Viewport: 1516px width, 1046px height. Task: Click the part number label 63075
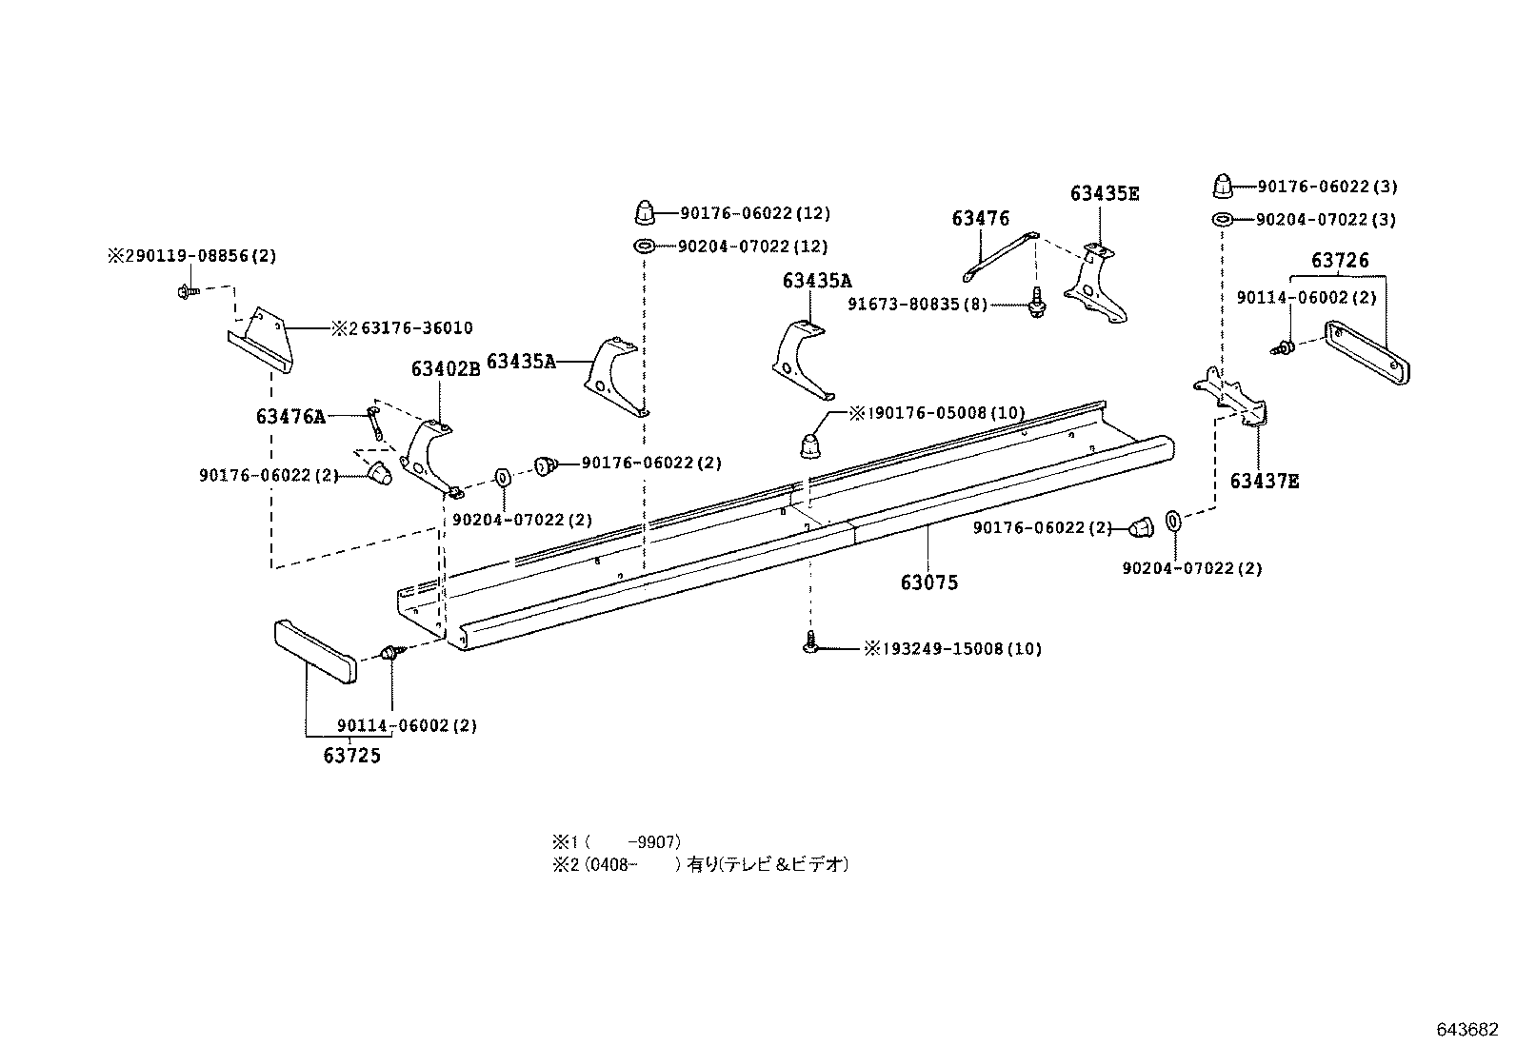[x=928, y=582]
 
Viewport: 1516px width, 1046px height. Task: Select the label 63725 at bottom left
[x=351, y=757]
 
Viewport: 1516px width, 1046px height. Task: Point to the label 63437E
[x=1264, y=482]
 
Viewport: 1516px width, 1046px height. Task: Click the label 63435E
[x=1104, y=194]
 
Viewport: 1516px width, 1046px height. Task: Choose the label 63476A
[x=290, y=416]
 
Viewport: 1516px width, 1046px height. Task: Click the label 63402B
[x=446, y=369]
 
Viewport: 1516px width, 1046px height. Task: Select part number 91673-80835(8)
[x=917, y=305]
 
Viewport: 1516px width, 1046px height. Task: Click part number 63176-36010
[x=416, y=328]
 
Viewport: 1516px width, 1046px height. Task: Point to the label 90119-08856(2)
[x=198, y=256]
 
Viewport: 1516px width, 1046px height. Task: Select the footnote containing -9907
[x=616, y=842]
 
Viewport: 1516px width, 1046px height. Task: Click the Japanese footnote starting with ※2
[x=700, y=865]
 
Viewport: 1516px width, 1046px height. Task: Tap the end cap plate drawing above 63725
[x=315, y=651]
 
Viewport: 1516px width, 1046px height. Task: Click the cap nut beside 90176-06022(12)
[x=644, y=210]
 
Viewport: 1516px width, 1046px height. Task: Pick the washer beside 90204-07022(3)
[x=1222, y=220]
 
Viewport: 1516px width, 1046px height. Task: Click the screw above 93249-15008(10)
[x=810, y=644]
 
